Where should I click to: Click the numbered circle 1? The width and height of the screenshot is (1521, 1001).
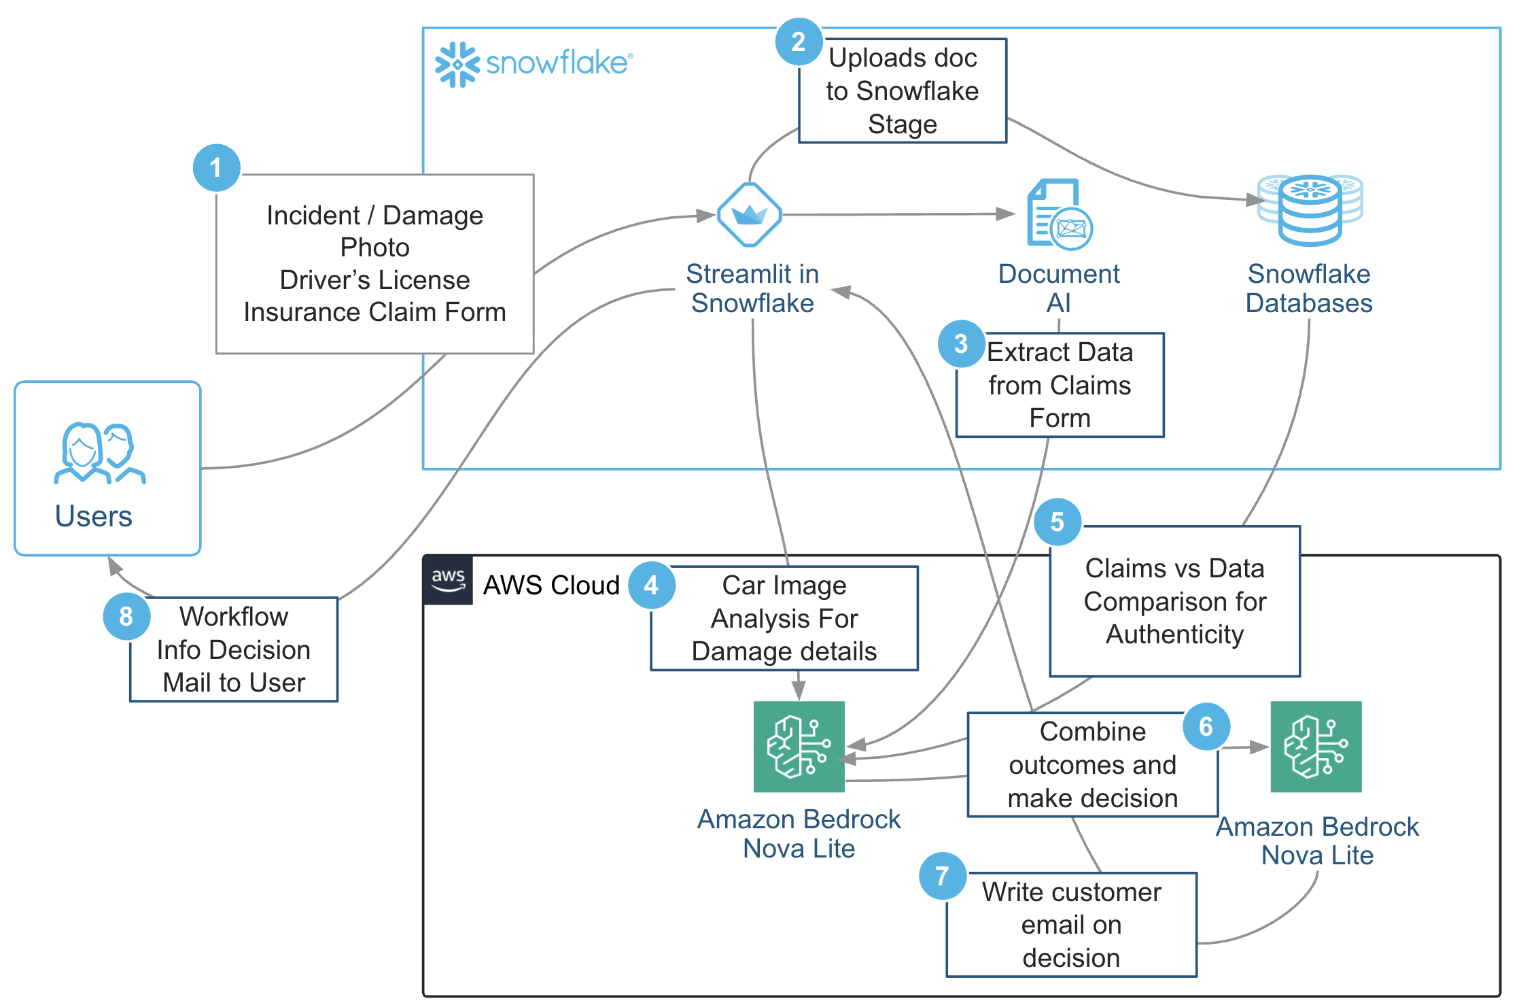click(x=216, y=168)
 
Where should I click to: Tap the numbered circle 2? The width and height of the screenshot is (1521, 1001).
click(x=799, y=42)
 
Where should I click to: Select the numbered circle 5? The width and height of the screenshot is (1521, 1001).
click(x=1057, y=522)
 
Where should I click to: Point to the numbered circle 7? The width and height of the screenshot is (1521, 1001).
click(x=942, y=876)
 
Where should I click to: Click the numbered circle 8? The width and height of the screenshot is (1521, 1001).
click(x=126, y=616)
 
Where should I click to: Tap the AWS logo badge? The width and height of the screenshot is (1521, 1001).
click(x=448, y=580)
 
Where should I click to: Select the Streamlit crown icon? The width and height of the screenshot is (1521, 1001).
click(x=750, y=215)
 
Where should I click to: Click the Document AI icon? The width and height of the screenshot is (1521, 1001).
click(x=1059, y=214)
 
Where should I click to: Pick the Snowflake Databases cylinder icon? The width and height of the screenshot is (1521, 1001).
click(x=1310, y=209)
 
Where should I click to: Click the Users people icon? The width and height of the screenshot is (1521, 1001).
click(x=100, y=454)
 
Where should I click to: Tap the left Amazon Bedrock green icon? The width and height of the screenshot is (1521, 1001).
click(x=799, y=747)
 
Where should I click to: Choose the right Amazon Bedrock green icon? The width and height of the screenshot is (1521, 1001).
click(x=1316, y=747)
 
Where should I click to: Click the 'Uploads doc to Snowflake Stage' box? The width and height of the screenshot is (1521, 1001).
click(x=902, y=91)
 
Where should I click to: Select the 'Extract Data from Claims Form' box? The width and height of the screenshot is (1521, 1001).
click(x=1060, y=385)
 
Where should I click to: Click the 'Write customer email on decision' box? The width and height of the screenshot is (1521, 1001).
click(x=1071, y=925)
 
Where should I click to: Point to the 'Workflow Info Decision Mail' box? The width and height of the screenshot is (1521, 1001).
click(x=234, y=649)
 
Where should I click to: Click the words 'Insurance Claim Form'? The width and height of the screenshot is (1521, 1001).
click(x=374, y=312)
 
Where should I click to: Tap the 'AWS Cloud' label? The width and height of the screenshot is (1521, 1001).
click(x=551, y=586)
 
